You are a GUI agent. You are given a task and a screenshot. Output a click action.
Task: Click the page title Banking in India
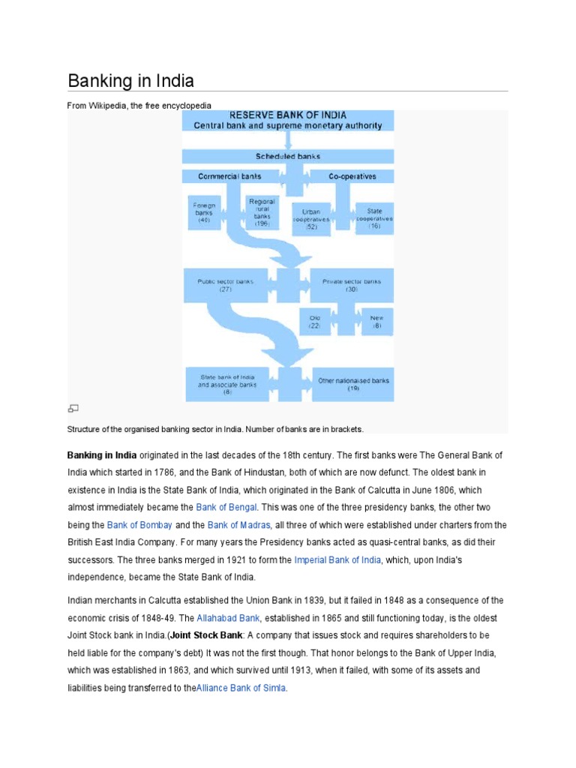tap(131, 80)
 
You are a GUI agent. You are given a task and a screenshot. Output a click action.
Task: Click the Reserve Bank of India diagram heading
tap(288, 115)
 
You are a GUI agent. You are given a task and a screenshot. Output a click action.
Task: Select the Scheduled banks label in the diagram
tap(288, 157)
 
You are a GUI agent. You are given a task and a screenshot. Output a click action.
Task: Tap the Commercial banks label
tap(229, 177)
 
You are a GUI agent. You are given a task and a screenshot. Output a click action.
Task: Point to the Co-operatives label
tap(352, 177)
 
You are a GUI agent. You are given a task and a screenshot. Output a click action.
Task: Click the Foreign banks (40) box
tap(204, 213)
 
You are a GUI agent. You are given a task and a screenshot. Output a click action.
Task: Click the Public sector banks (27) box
tap(225, 286)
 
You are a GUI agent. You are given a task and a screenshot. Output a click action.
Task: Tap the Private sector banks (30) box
tap(352, 286)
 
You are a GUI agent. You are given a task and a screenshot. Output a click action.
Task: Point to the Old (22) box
tap(315, 322)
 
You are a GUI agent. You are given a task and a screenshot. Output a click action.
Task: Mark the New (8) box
tap(376, 322)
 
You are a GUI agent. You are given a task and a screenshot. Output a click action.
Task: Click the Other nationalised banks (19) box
tap(353, 385)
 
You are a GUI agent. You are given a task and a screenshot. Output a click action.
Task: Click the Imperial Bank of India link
tap(337, 559)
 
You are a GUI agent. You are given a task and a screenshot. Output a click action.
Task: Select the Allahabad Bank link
tap(228, 618)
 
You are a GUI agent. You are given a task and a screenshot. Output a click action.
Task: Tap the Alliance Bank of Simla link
tap(241, 688)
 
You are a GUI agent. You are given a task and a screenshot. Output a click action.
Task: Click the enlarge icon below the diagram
tap(73, 409)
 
